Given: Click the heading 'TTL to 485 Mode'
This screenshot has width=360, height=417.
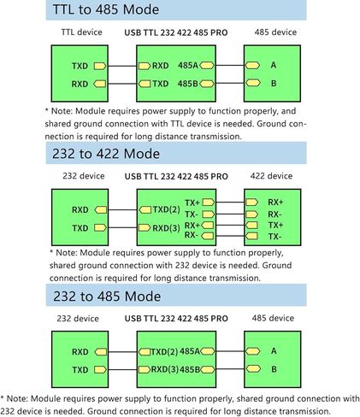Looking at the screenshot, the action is [x=106, y=9].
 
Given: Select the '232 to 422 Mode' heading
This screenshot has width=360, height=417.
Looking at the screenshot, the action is [x=106, y=154].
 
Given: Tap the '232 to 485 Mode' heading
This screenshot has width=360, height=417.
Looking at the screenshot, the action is [x=107, y=297].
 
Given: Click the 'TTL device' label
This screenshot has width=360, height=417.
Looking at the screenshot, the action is [x=81, y=32].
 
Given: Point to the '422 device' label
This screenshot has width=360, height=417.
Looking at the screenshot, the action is [x=271, y=176].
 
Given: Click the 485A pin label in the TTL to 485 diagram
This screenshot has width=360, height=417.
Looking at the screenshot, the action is [x=188, y=66].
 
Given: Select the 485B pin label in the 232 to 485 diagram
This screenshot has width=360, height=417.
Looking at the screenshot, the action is [x=190, y=369].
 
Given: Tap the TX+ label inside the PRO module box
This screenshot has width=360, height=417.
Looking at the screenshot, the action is [x=192, y=203].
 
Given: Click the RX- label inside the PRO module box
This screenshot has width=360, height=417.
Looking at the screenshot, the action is [x=192, y=235].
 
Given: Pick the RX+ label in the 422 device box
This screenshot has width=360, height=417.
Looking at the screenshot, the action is [x=275, y=203].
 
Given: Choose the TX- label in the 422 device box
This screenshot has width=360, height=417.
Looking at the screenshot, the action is [x=274, y=237].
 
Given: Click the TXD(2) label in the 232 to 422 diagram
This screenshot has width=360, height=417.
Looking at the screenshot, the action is [x=166, y=209].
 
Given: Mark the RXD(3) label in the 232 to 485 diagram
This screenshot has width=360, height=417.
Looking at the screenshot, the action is [x=164, y=369].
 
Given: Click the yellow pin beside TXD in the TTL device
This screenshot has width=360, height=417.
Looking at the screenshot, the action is [x=100, y=66].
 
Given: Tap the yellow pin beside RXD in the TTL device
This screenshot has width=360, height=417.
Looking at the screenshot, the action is [x=100, y=84].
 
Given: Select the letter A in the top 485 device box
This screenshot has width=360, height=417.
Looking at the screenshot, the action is [x=274, y=65].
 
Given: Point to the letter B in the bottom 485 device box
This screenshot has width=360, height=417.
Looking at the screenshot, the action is [x=274, y=369].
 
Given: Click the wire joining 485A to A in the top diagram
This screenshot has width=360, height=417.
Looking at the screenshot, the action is [x=230, y=66].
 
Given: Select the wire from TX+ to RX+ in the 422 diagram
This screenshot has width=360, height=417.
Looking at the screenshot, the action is [x=230, y=203].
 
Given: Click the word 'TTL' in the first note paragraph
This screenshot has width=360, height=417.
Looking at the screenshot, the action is [x=177, y=124].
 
